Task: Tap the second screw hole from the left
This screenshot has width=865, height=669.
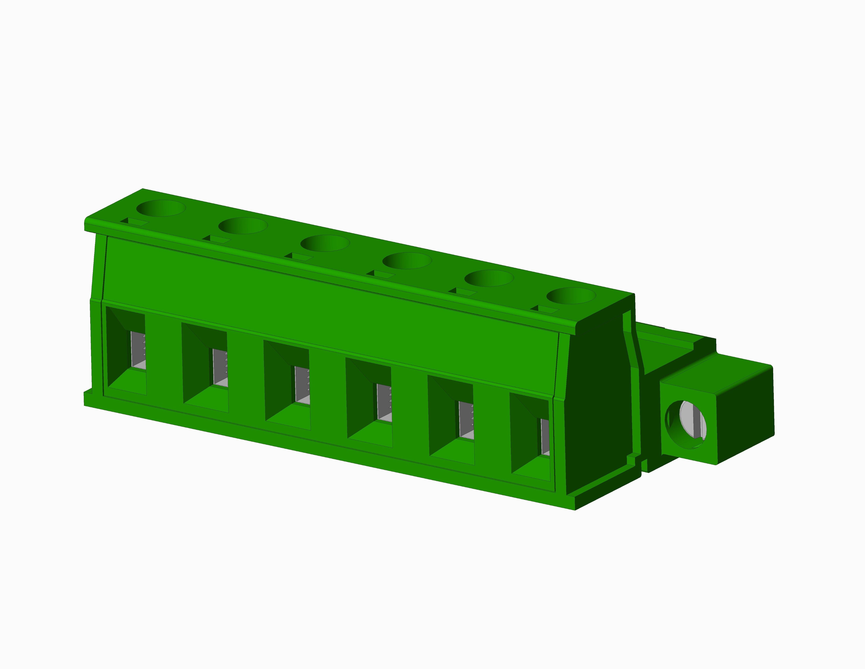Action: (x=243, y=225)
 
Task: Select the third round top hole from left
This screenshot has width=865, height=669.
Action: (x=325, y=243)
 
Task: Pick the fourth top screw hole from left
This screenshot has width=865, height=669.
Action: (x=407, y=260)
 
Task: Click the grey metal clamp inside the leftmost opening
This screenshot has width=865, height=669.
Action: (x=138, y=351)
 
